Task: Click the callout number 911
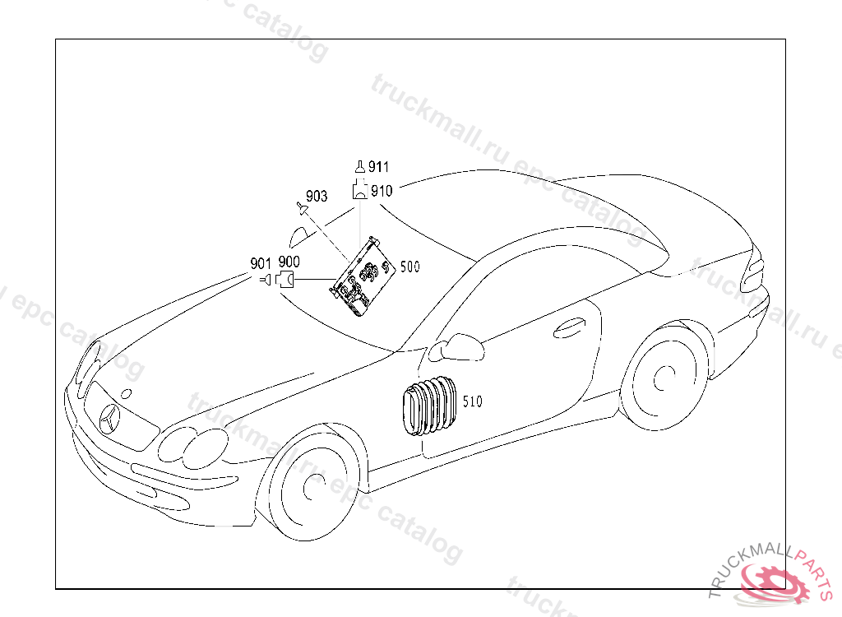tap(378, 167)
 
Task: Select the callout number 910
tap(381, 191)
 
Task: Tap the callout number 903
tap(317, 196)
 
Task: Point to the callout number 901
tap(261, 263)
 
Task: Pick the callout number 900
tap(289, 262)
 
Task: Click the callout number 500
tap(409, 267)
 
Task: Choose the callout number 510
tap(472, 402)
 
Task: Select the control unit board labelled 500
tap(363, 277)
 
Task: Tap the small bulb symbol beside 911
tap(359, 167)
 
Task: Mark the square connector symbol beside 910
tap(360, 192)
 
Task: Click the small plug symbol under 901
tap(265, 281)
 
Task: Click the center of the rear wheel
tap(660, 381)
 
